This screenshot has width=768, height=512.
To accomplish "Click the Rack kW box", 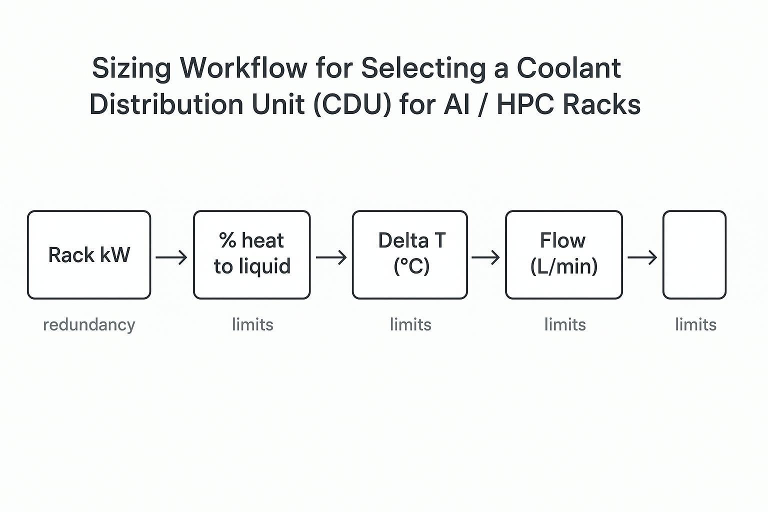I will (x=89, y=255).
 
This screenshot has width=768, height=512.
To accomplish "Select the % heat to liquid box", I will (x=251, y=255).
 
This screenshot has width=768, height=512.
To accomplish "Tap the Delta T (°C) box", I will (x=410, y=255).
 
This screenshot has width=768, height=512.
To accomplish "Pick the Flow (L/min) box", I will (x=563, y=255).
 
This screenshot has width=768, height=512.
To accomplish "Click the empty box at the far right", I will (x=694, y=255).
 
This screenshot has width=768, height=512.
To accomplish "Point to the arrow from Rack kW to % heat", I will (x=171, y=257).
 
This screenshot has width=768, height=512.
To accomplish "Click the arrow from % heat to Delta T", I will (x=331, y=257).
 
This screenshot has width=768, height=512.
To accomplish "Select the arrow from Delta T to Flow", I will (x=485, y=257).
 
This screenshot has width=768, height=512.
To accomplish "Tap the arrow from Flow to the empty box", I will (x=642, y=257).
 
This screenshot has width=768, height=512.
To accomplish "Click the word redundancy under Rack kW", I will (x=89, y=325).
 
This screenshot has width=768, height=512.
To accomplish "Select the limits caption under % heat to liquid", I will (x=252, y=325).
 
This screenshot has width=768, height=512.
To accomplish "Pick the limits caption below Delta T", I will (x=410, y=325).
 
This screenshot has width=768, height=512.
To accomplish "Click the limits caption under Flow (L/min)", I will (x=565, y=325).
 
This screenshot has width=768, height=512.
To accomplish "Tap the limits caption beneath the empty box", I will (x=695, y=325).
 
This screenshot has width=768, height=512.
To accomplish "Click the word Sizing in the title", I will (x=131, y=68).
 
